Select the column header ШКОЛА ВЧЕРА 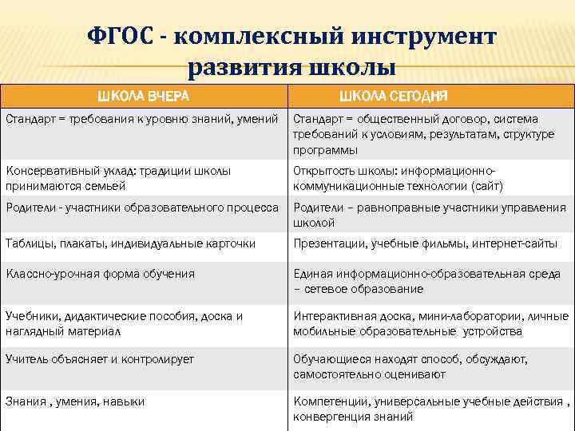[143, 97]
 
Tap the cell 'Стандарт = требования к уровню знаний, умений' [143, 119]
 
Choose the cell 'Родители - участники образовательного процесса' [143, 208]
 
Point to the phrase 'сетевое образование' [363, 289]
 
